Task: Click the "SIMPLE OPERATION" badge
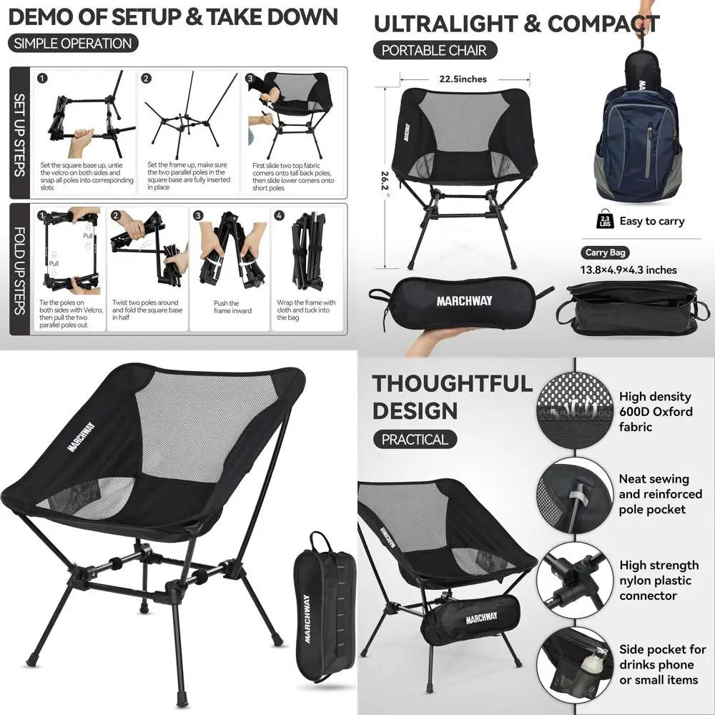pyautogui.click(x=73, y=43)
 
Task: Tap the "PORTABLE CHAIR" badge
pyautogui.click(x=434, y=50)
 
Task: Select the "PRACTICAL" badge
pyautogui.click(x=415, y=439)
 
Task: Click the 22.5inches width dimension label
pyautogui.click(x=463, y=79)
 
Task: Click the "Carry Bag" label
pyautogui.click(x=606, y=252)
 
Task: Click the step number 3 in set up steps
pyautogui.click(x=250, y=79)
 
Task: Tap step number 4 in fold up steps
pyautogui.click(x=280, y=215)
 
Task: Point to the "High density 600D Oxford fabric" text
pyautogui.click(x=656, y=412)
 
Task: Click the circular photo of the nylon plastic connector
pyautogui.click(x=574, y=580)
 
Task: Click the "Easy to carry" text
pyautogui.click(x=652, y=221)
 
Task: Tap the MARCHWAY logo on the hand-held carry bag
pyautogui.click(x=465, y=301)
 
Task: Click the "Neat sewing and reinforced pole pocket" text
pyautogui.click(x=660, y=494)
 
